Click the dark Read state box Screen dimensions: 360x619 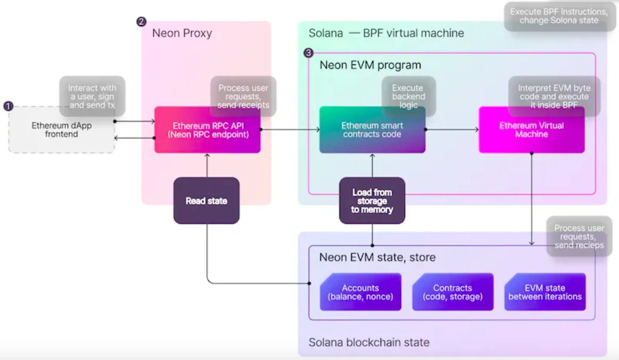[x=207, y=201]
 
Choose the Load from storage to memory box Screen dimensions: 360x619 [x=372, y=201]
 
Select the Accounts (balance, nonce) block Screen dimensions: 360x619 [x=360, y=292]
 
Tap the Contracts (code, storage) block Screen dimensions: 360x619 [x=453, y=292]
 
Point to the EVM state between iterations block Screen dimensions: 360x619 [x=545, y=292]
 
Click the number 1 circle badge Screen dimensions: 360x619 [x=8, y=106]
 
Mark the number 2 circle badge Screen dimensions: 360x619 [x=141, y=22]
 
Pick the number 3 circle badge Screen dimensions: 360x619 [x=308, y=53]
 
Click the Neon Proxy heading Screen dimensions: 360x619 [x=182, y=33]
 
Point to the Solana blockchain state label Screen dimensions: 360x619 [x=369, y=342]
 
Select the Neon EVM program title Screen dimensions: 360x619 [x=370, y=65]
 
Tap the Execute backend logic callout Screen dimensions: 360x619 [x=409, y=96]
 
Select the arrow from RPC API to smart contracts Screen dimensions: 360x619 [x=290, y=129]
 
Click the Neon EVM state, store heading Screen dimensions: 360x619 [x=377, y=257]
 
